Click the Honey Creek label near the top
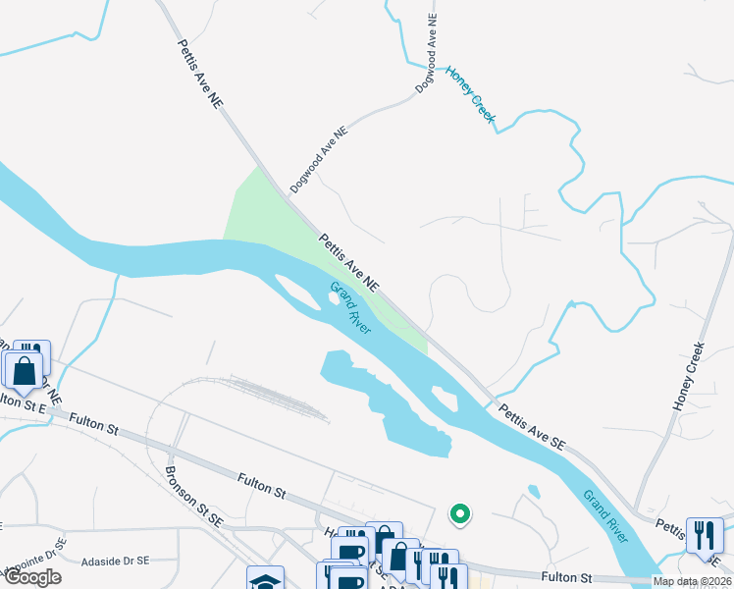(x=472, y=95)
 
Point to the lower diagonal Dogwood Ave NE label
(x=319, y=159)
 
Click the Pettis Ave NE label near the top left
(x=201, y=80)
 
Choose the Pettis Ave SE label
(x=531, y=426)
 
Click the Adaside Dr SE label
(x=116, y=561)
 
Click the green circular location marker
(x=458, y=513)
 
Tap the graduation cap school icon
(x=264, y=579)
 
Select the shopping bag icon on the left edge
(x=24, y=371)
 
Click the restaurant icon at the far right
(x=704, y=536)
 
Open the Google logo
(x=31, y=577)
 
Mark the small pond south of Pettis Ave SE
(x=533, y=490)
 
